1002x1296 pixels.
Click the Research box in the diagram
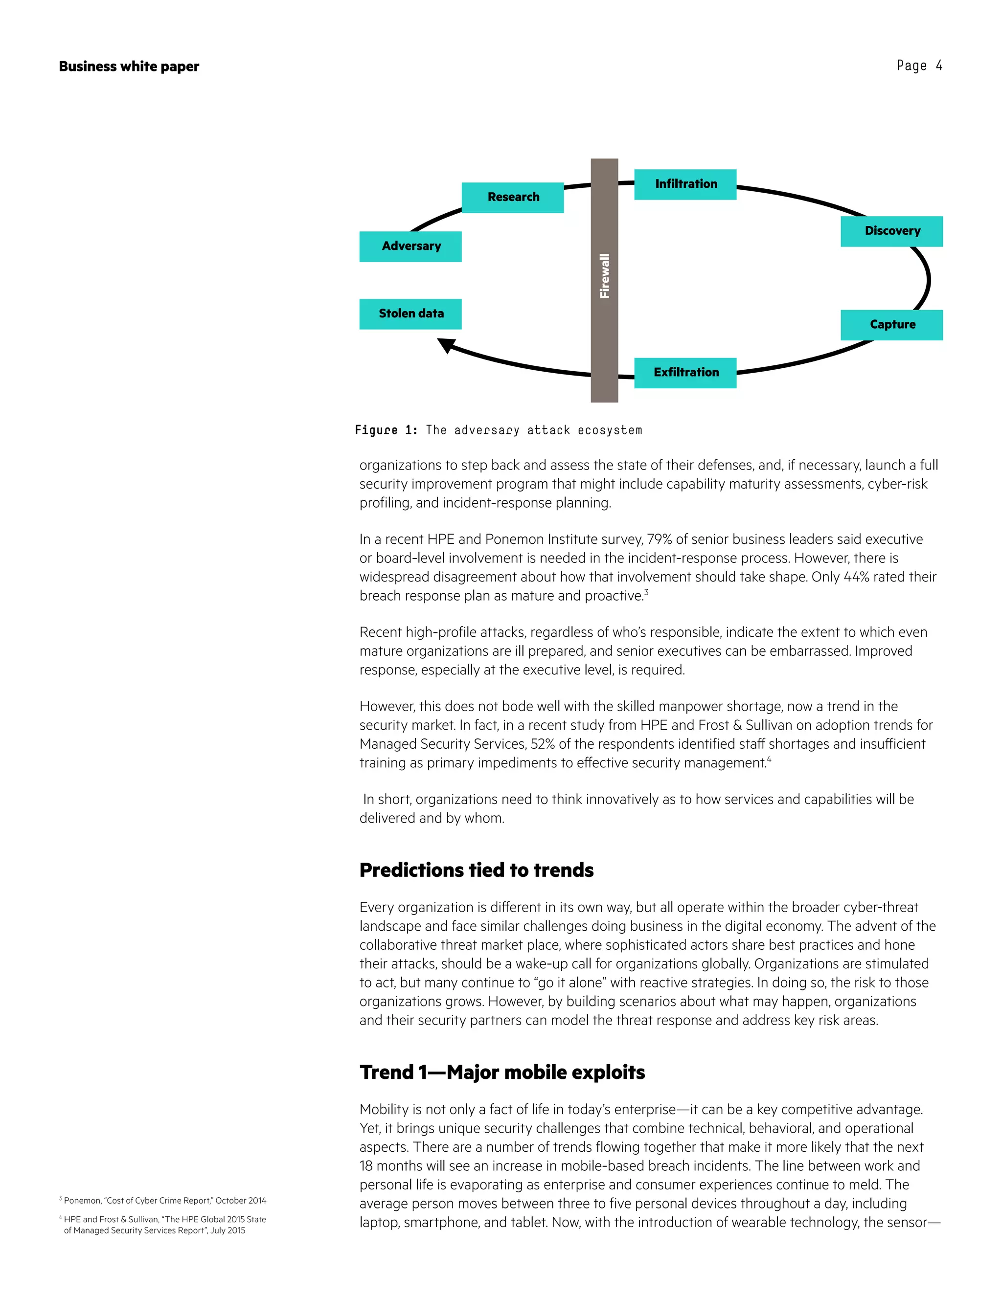[x=512, y=197]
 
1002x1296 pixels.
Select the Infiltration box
[x=685, y=184]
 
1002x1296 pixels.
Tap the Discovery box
[x=891, y=231]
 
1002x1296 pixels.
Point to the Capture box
[x=891, y=325]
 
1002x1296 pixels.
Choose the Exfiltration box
[x=685, y=373]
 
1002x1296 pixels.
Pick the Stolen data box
[x=410, y=313]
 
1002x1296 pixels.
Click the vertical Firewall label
[x=604, y=276]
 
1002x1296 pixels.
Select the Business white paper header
[x=129, y=67]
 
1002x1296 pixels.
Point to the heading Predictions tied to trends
[x=476, y=870]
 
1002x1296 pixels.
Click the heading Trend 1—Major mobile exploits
[x=501, y=1073]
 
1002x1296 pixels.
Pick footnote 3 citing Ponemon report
[x=163, y=1201]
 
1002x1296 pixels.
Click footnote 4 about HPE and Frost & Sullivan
[x=163, y=1225]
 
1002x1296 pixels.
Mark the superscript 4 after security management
[x=769, y=759]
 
